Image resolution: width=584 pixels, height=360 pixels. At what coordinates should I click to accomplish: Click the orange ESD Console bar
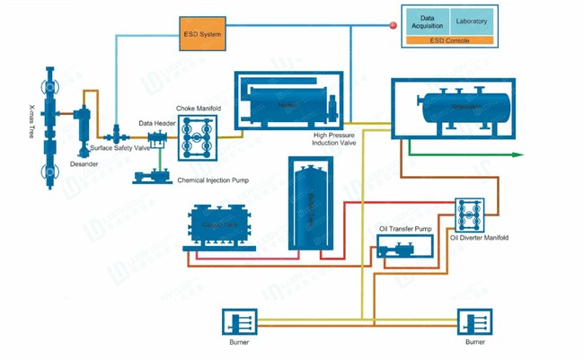pyautogui.click(x=449, y=40)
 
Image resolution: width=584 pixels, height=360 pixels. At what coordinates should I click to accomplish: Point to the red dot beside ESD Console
pyautogui.click(x=392, y=26)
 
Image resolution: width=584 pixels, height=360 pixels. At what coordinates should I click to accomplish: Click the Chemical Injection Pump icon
pyautogui.click(x=146, y=176)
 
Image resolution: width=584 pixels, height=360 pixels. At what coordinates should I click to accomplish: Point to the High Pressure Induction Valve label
pyautogui.click(x=337, y=138)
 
